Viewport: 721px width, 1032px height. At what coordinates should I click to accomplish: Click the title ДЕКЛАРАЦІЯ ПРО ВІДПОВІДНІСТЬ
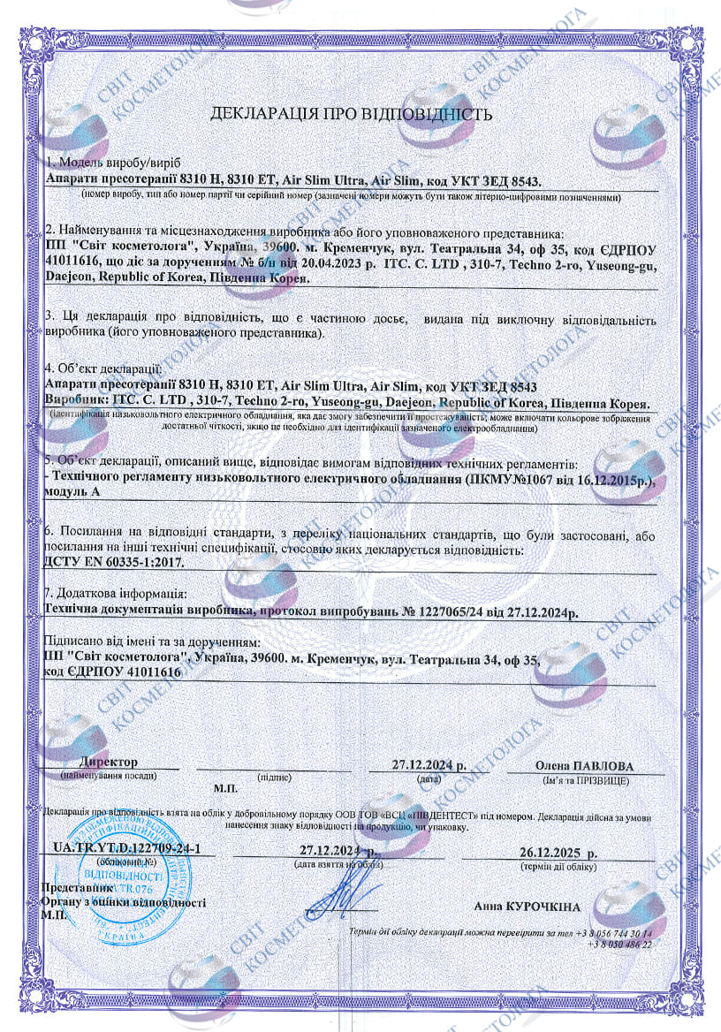pos(350,114)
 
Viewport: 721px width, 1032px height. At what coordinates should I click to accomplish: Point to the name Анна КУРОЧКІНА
pos(527,907)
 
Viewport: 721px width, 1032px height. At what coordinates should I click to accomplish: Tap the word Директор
pos(109,762)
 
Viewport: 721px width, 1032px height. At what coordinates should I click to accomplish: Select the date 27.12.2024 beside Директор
pos(429,765)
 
